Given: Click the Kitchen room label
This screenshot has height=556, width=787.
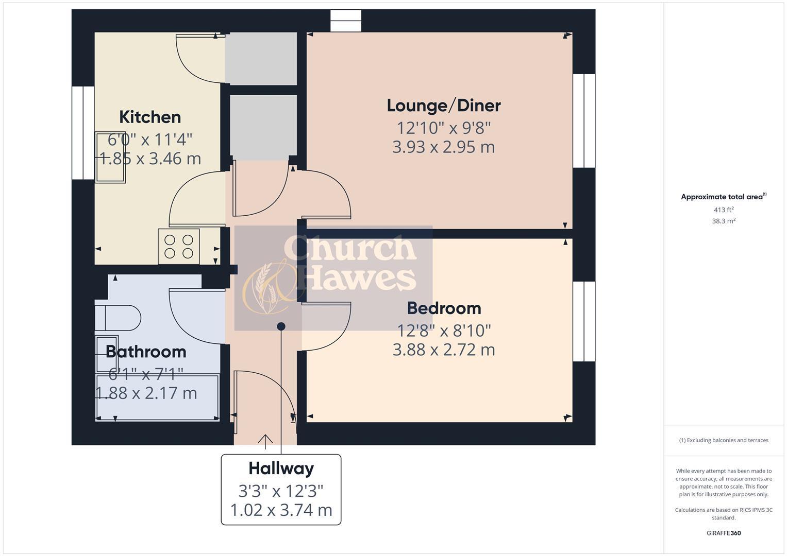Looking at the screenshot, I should pos(150,117).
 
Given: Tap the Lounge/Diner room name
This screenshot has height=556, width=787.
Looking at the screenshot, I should pos(444,106).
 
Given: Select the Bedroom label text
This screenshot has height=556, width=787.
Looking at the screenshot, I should pos(444,308).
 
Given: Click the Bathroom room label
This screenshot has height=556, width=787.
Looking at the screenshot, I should pos(146,352).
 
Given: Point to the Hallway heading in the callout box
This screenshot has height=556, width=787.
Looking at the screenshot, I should pos(281,468).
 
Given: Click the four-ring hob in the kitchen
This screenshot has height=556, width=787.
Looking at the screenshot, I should pos(178,247).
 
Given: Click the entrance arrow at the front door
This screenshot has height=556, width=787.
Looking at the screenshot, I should pos(265,439).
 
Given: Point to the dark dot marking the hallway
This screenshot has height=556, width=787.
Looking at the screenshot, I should pos(281,326).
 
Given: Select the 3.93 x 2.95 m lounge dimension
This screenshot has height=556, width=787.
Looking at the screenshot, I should pos(443,147).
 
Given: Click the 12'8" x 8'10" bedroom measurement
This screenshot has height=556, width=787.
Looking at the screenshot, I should pos(444,329).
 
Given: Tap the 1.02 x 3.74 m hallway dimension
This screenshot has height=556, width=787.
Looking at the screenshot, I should pos(281,510).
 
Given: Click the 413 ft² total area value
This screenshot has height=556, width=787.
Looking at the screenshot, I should pos(723,210).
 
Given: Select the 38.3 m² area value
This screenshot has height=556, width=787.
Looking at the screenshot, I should pos(723,221).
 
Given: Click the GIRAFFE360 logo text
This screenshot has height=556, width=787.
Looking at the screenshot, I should pos(723,533).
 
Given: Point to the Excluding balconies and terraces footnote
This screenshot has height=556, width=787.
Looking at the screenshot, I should pos(723,440).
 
